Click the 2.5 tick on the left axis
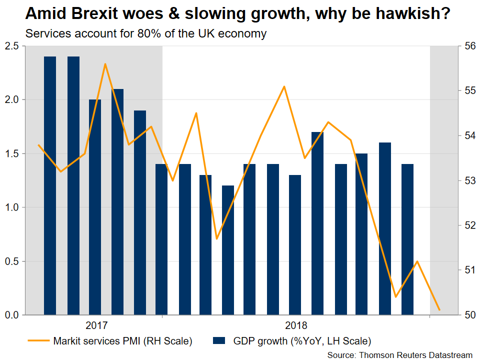[11, 46]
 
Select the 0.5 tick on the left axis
[11, 261]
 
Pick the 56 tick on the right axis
[469, 46]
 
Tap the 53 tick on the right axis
[469, 180]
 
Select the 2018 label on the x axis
[296, 325]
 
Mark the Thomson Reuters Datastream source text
[400, 354]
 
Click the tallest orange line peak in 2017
[105, 64]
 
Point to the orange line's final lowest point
[439, 310]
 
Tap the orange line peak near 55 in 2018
[284, 86]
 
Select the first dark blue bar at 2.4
[50, 185]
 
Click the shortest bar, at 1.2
[228, 250]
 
